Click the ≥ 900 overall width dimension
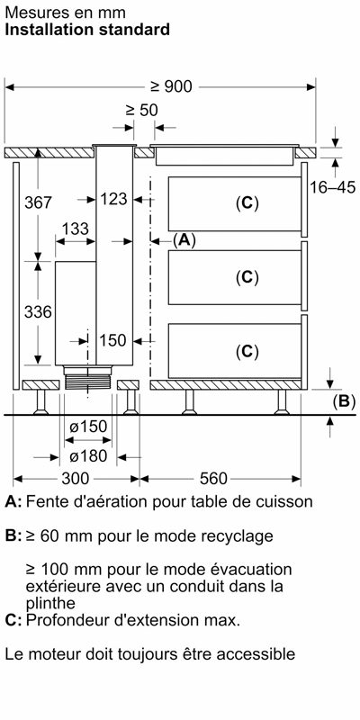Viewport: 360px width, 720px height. [171, 86]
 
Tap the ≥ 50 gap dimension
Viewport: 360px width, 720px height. [141, 110]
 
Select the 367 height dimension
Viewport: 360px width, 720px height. [39, 202]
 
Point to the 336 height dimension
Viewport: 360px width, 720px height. [38, 312]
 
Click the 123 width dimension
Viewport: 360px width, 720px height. [113, 199]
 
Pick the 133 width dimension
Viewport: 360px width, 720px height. [76, 229]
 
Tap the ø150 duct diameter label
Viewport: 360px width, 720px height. [88, 427]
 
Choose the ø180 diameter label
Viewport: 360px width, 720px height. [88, 456]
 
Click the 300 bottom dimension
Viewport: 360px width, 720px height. [76, 479]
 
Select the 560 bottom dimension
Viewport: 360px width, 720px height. [213, 479]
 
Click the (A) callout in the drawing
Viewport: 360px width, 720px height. [184, 239]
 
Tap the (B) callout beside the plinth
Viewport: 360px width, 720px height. [344, 401]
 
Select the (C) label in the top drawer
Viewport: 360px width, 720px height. [247, 203]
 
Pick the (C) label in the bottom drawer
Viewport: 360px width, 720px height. [247, 352]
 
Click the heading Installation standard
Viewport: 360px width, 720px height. [87, 30]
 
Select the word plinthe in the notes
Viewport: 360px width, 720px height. [50, 602]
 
